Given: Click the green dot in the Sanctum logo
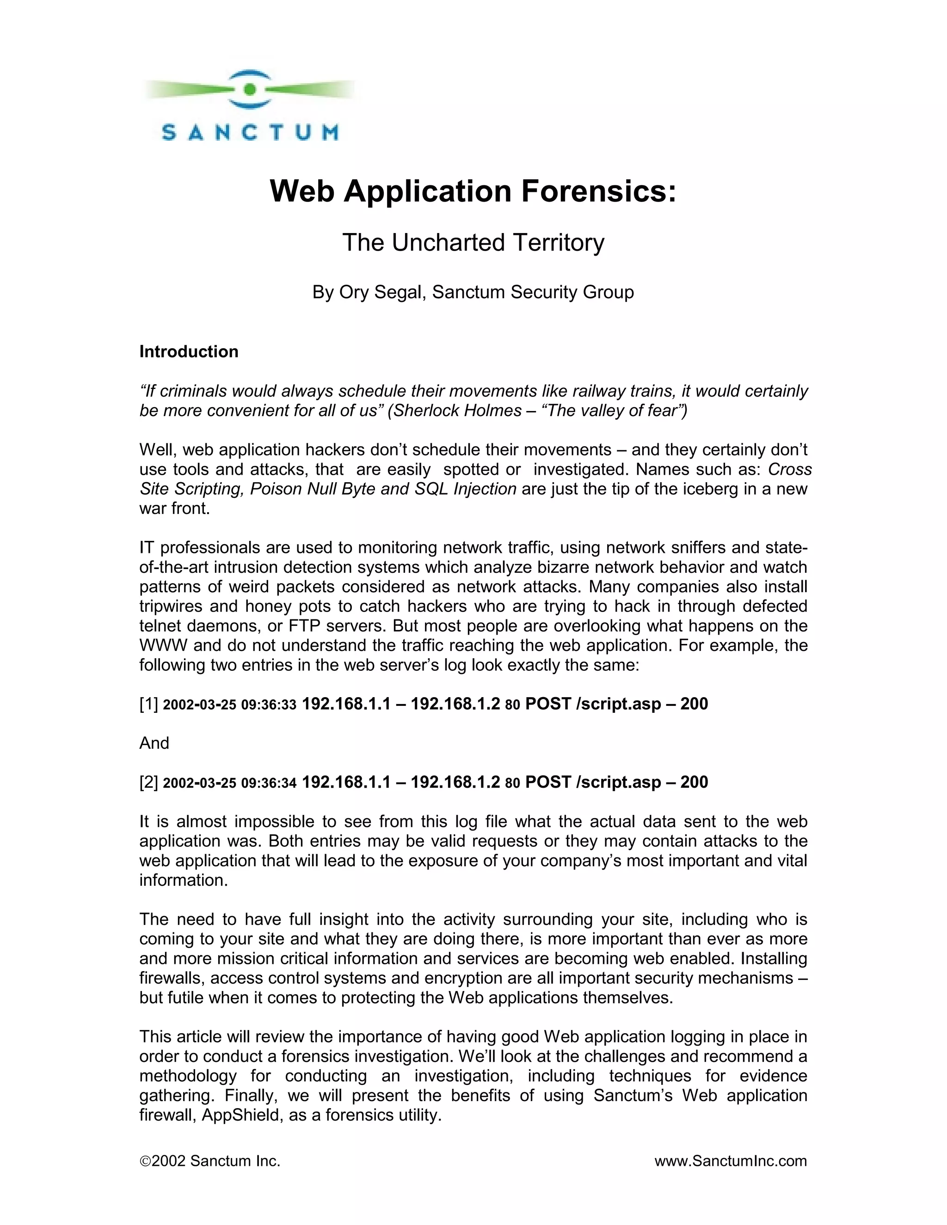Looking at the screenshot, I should tap(250, 89).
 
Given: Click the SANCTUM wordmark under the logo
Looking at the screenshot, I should tap(250, 132).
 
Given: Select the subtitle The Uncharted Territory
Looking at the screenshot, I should tap(473, 243).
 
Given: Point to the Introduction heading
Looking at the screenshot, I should tap(189, 352).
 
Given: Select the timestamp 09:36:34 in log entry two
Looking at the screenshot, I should tap(268, 783).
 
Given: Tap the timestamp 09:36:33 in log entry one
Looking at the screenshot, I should tap(268, 705).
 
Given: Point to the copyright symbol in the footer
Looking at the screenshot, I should tap(145, 1161).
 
